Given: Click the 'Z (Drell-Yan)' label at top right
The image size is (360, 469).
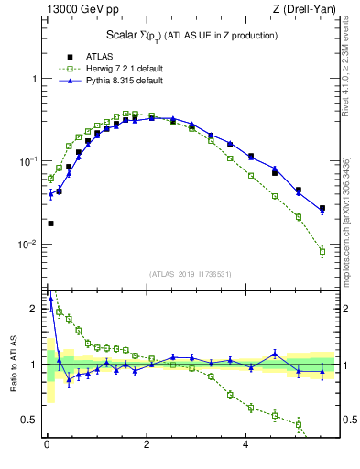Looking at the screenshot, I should (306, 10).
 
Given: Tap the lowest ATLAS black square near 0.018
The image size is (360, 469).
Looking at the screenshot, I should (50, 224).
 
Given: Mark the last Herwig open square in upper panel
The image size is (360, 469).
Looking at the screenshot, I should (322, 251).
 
